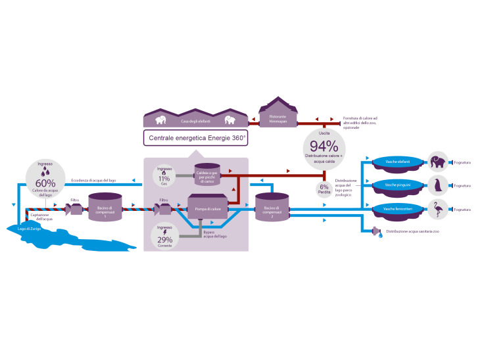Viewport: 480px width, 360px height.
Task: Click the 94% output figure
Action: click(324, 146)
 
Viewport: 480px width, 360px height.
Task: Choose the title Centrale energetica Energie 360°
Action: click(197, 138)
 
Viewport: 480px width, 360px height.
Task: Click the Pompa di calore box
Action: click(207, 208)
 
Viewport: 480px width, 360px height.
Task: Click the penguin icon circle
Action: click(438, 185)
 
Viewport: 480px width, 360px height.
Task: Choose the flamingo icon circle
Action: click(438, 209)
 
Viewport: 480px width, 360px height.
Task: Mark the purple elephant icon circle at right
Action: click(438, 162)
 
